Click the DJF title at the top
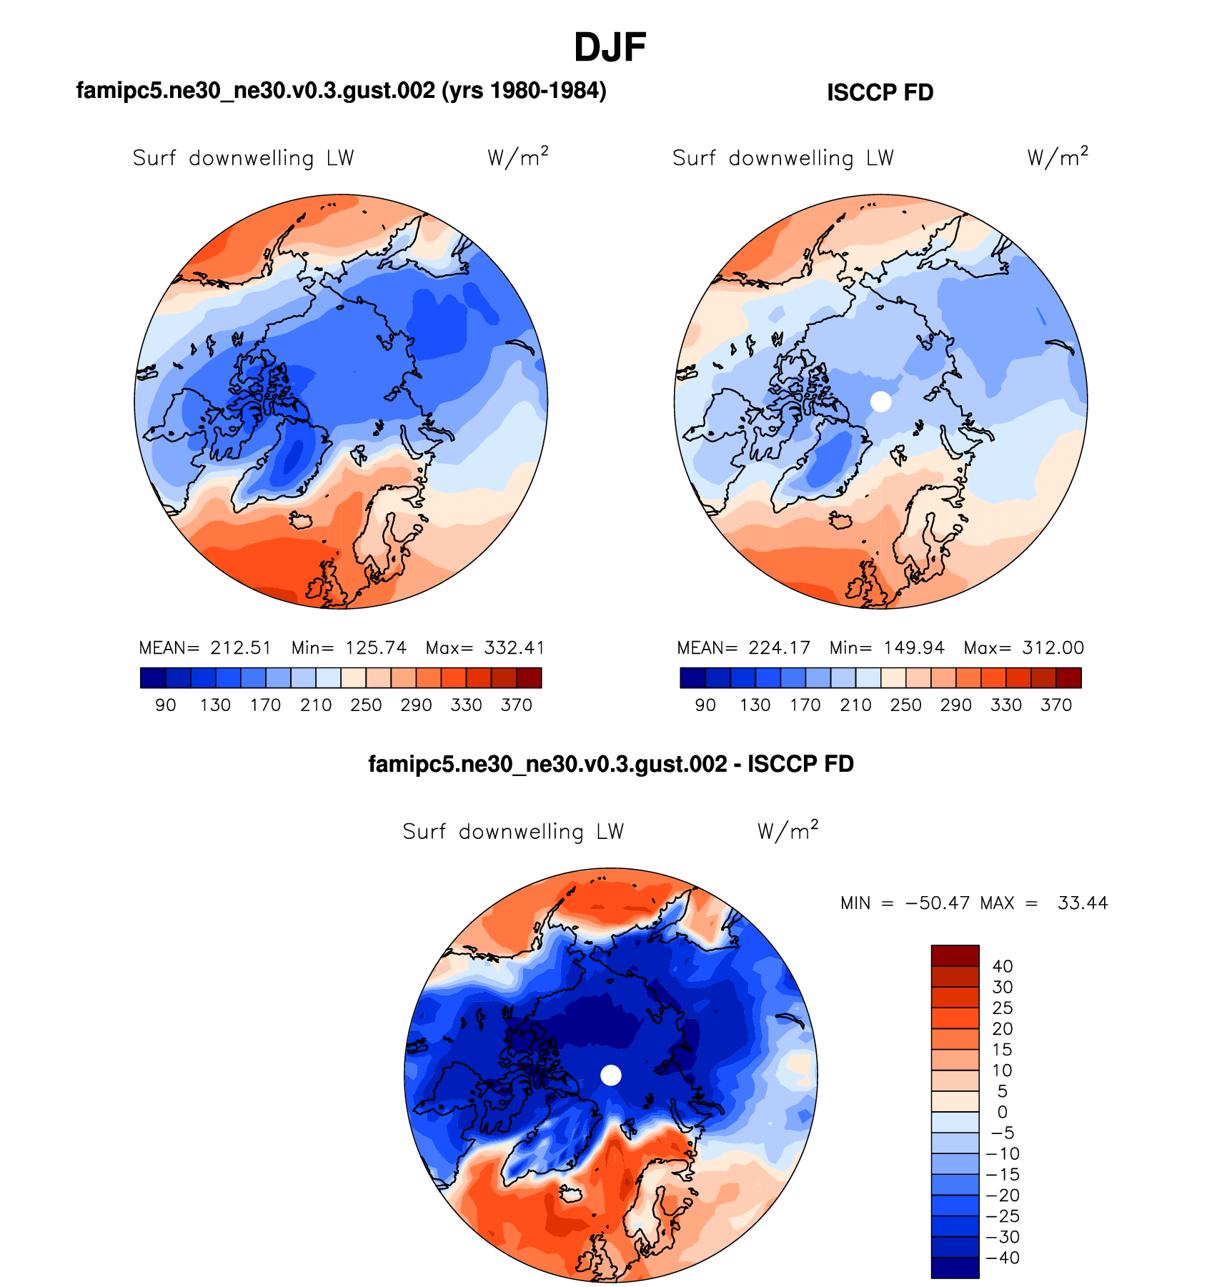coord(610,48)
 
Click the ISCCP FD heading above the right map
coord(880,93)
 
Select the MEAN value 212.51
coord(241,648)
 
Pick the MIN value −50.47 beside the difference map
coord(938,903)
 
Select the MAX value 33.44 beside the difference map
coord(1083,903)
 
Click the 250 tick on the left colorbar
coord(366,705)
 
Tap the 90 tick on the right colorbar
coord(705,705)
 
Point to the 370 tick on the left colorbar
coord(517,705)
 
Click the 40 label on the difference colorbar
coord(1003,967)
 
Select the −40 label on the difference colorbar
coord(1002,1258)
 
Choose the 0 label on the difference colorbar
coord(1003,1113)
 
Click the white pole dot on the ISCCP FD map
coord(881,402)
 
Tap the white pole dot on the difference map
coord(611,1075)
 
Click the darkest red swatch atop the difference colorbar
coord(955,955)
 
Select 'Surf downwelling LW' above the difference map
coord(513,832)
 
